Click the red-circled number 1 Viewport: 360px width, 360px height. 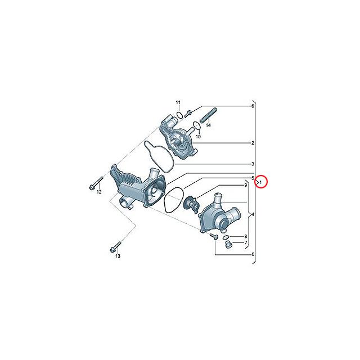(261, 182)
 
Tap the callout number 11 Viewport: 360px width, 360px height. (177, 102)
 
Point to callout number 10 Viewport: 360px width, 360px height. (198, 136)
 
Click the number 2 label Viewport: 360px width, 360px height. (253, 143)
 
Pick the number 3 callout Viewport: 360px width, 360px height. (253, 163)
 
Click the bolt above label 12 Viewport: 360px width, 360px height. (94, 182)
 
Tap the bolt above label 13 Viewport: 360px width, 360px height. (115, 246)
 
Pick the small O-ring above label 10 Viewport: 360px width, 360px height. (195, 125)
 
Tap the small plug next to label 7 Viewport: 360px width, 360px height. (228, 246)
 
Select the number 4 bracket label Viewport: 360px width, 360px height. (253, 214)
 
